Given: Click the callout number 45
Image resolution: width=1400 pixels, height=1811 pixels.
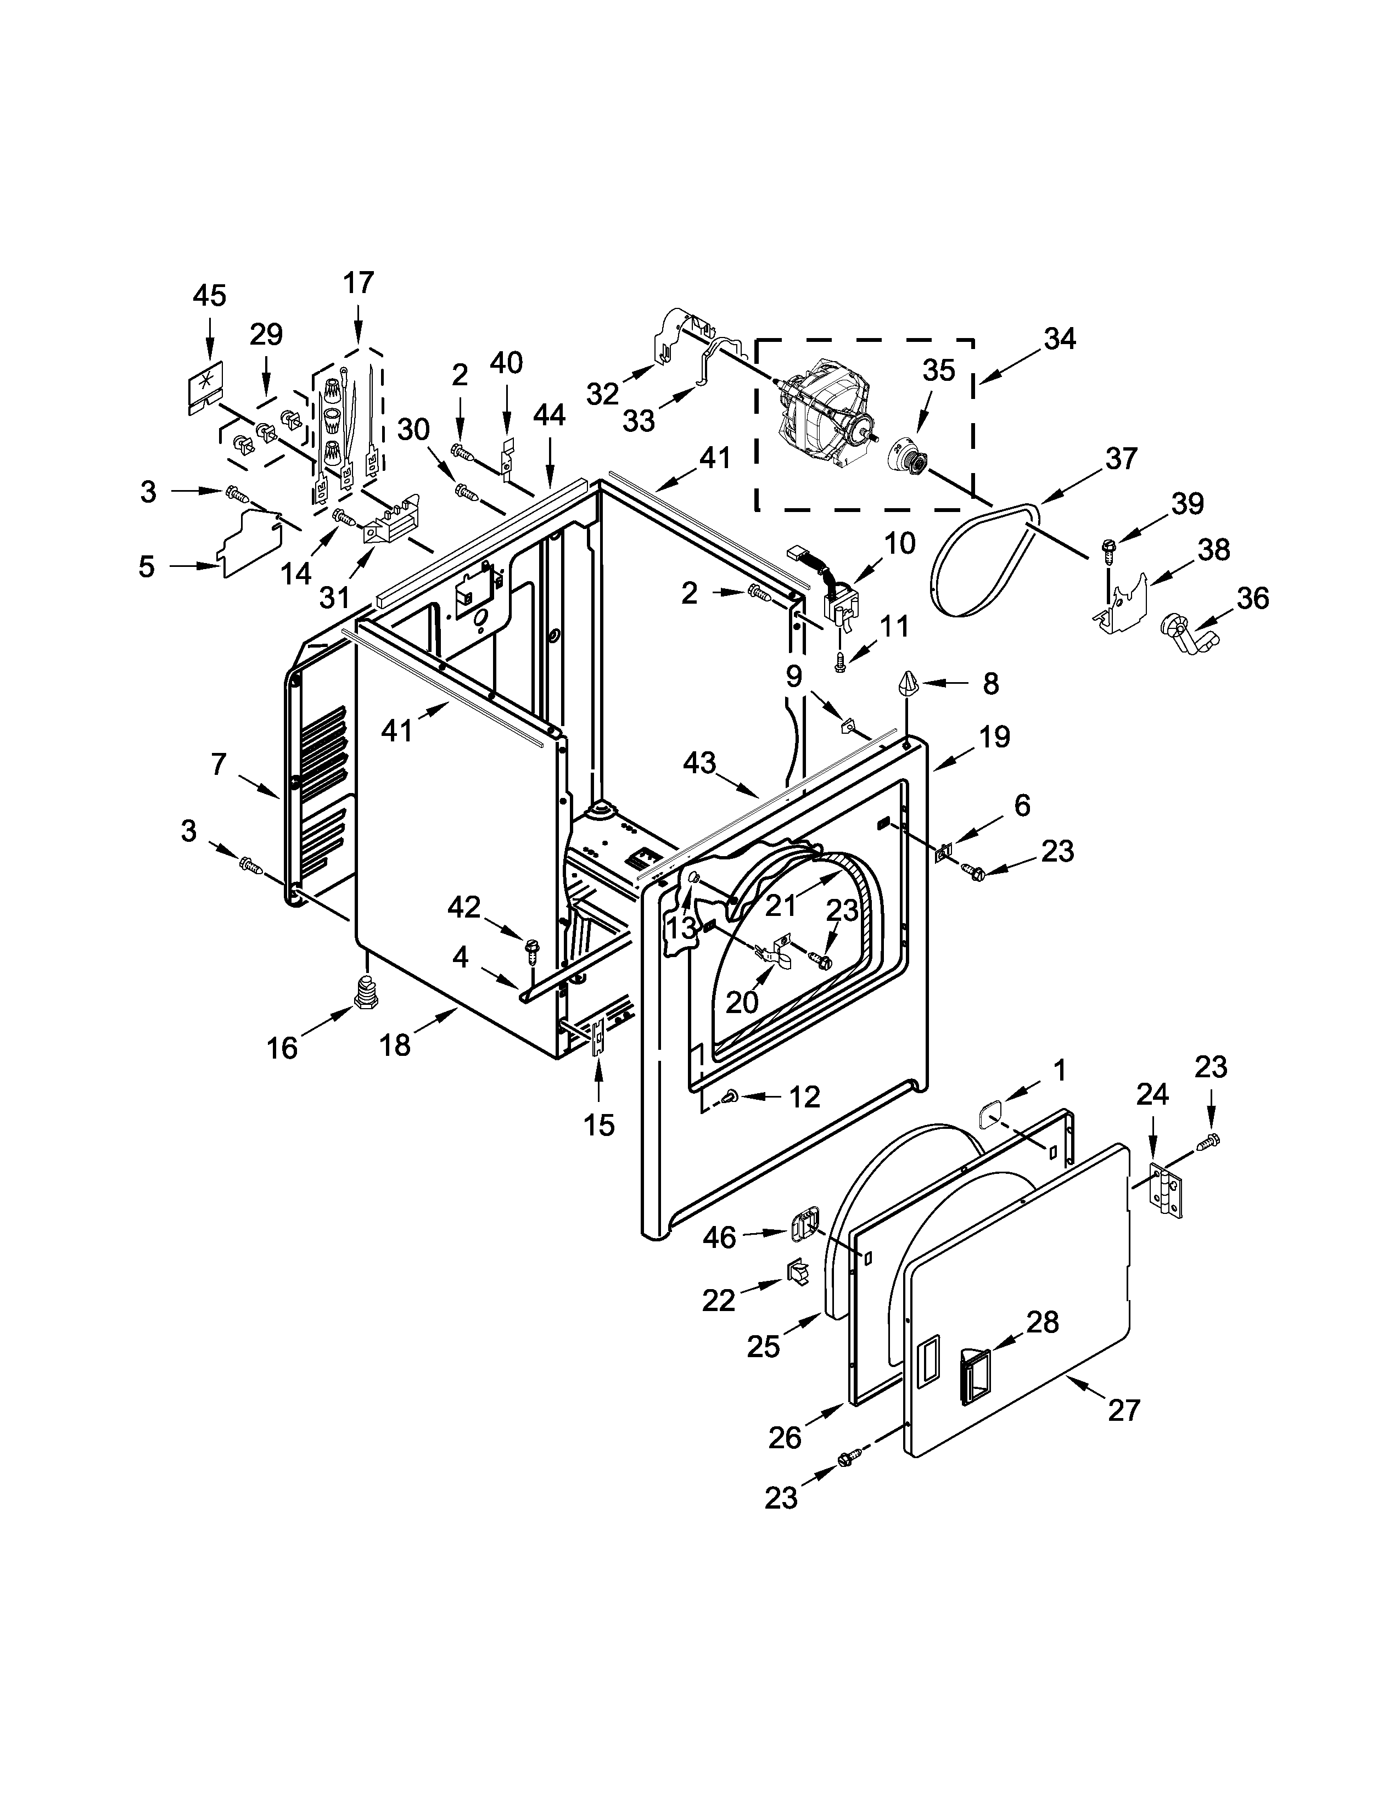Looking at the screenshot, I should [209, 296].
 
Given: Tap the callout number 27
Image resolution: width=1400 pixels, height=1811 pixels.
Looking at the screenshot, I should [1124, 1410].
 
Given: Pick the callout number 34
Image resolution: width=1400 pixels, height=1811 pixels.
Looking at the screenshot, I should [1059, 339].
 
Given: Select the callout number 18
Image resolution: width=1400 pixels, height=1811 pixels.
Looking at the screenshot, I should [396, 1045].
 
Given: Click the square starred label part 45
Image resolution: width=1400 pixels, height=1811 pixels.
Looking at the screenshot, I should [204, 386].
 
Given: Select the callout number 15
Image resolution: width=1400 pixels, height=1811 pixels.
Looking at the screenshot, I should [599, 1125].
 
